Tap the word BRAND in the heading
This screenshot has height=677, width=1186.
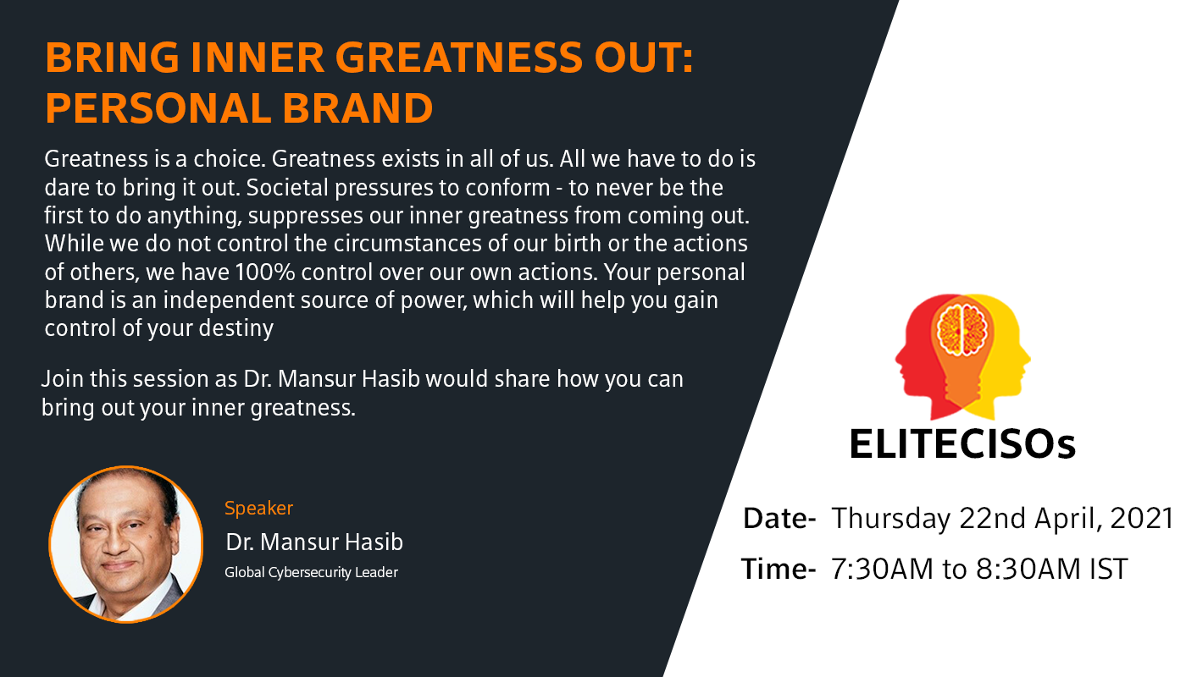(357, 108)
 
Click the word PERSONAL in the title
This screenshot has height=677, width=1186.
(158, 108)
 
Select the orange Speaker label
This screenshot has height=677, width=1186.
(258, 509)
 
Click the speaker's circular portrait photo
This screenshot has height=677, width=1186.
(126, 544)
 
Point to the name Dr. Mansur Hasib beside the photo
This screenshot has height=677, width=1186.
(314, 542)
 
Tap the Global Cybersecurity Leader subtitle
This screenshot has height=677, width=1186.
(312, 572)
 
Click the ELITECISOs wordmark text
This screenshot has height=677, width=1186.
(962, 444)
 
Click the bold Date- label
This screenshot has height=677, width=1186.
(779, 518)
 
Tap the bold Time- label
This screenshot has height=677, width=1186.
(779, 569)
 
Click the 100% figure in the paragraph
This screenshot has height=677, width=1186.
(264, 272)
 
